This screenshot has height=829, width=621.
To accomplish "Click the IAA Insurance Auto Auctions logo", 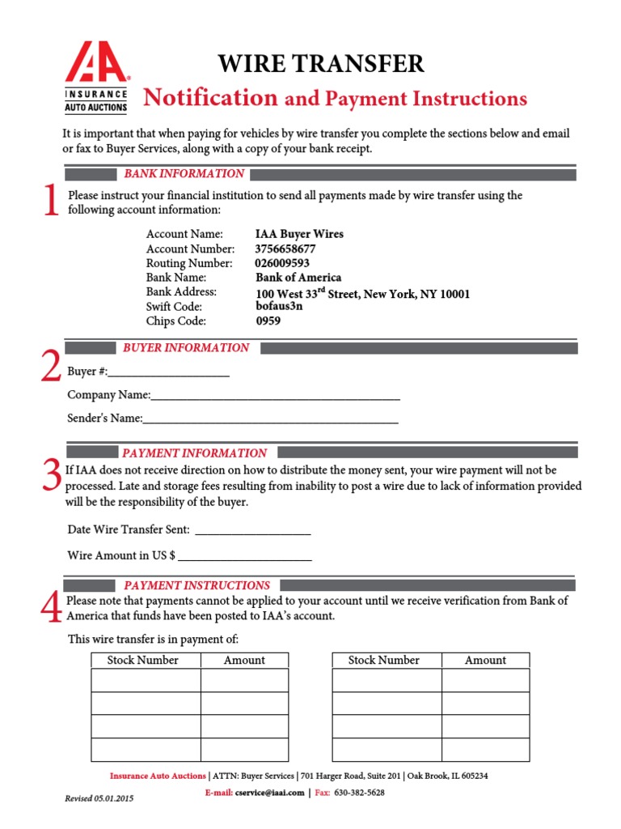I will click(96, 77).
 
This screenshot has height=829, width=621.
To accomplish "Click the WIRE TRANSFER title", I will click(321, 64).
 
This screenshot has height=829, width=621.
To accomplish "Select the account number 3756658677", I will click(285, 249).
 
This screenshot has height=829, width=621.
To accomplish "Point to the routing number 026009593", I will click(282, 263).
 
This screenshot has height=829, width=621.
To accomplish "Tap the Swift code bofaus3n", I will click(279, 307).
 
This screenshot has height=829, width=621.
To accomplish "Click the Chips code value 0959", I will click(268, 321).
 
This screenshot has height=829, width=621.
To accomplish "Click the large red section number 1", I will click(51, 201).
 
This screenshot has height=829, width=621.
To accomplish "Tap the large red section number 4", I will click(51, 609).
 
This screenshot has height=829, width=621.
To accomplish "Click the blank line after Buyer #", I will click(169, 374).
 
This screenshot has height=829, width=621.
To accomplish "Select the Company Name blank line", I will click(275, 397).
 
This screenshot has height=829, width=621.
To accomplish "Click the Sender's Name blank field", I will click(270, 420).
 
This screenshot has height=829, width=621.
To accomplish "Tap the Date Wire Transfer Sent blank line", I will click(253, 531).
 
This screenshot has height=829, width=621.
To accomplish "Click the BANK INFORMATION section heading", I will click(184, 173).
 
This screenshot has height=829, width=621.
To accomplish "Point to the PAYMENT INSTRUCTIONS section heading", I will click(196, 585).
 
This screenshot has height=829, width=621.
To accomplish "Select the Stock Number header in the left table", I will click(143, 660).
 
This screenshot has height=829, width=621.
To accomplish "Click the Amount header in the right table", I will click(485, 660).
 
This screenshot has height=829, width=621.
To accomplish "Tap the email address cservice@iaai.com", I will click(270, 793).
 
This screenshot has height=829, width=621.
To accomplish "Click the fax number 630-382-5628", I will click(359, 793).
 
